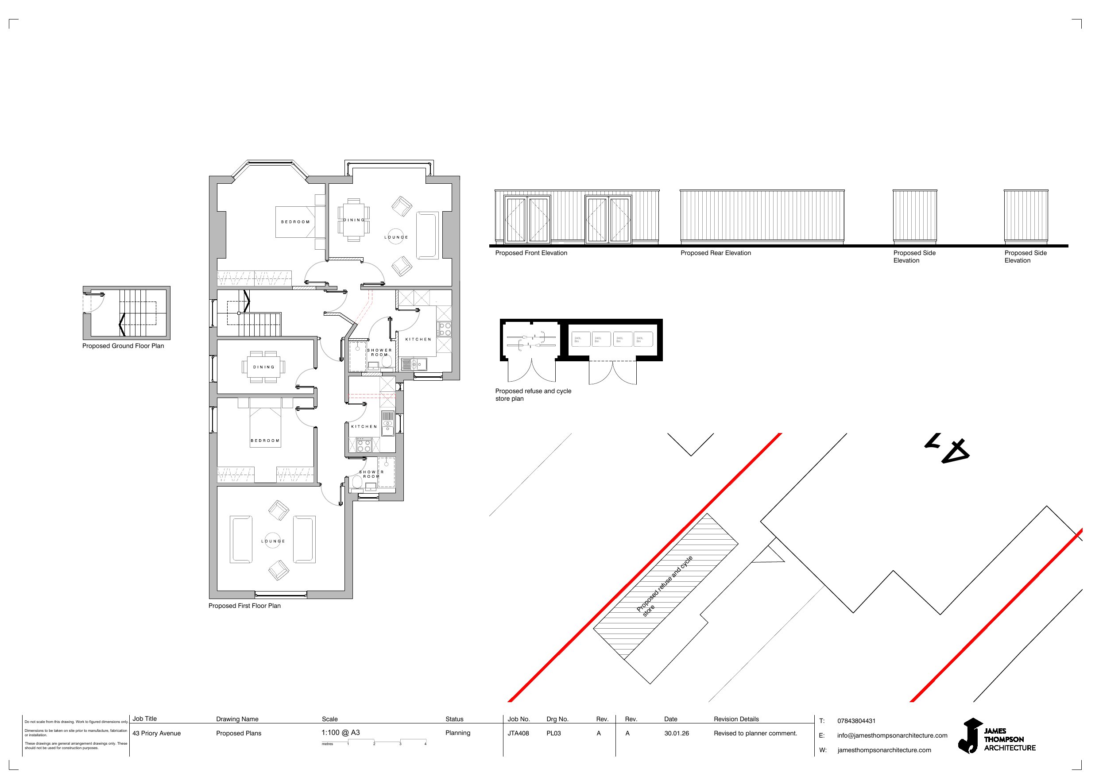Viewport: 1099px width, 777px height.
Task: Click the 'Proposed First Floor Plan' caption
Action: [244, 606]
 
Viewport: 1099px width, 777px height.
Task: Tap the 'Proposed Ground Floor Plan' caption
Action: [123, 346]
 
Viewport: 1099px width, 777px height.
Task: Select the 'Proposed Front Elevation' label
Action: [531, 253]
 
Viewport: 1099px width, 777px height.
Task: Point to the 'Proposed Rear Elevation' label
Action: [716, 253]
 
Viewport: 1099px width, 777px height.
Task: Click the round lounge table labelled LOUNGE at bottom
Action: [273, 541]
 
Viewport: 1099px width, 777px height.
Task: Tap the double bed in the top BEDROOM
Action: [295, 222]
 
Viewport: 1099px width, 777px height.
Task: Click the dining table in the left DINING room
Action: [264, 367]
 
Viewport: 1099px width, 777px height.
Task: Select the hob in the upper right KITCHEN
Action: [444, 329]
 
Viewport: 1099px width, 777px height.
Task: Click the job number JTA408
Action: [518, 733]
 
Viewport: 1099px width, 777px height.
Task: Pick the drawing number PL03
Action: [553, 733]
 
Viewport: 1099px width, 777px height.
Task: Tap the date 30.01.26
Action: [676, 733]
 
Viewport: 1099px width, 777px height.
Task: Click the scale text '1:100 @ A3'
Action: [341, 732]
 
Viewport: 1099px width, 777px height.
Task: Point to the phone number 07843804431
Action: [856, 720]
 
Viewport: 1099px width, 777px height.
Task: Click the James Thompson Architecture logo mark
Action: [970, 735]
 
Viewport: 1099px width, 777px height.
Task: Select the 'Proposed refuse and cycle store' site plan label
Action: [664, 585]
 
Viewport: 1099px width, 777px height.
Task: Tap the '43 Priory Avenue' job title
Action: [156, 733]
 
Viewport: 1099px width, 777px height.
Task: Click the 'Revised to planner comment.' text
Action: [755, 733]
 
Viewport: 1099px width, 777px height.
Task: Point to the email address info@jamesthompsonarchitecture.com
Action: [892, 735]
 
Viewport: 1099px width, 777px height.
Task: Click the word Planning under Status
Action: [457, 732]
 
